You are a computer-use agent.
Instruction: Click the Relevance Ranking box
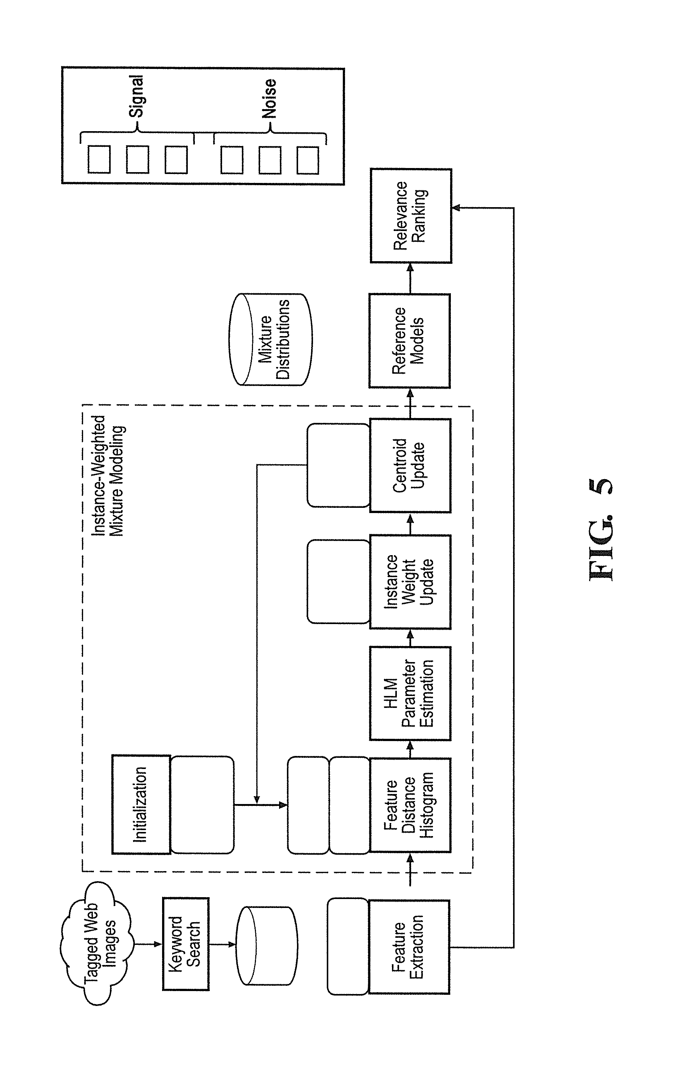click(x=411, y=215)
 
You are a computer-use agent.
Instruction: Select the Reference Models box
click(x=410, y=341)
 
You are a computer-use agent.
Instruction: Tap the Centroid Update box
click(x=410, y=465)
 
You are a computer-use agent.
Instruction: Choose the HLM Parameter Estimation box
click(x=410, y=693)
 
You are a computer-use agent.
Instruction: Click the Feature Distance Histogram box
click(x=410, y=805)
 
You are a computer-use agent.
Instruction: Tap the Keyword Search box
click(x=186, y=944)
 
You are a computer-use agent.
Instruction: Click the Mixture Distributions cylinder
click(x=271, y=339)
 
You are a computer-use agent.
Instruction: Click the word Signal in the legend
click(x=137, y=96)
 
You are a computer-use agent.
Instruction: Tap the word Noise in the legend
click(x=269, y=98)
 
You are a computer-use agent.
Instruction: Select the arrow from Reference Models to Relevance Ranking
click(x=410, y=278)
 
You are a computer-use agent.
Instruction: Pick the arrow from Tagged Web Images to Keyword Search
click(x=148, y=944)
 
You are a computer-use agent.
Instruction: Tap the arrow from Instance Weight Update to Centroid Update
click(x=410, y=524)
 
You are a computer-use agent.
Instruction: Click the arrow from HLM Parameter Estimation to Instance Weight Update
click(x=410, y=637)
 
